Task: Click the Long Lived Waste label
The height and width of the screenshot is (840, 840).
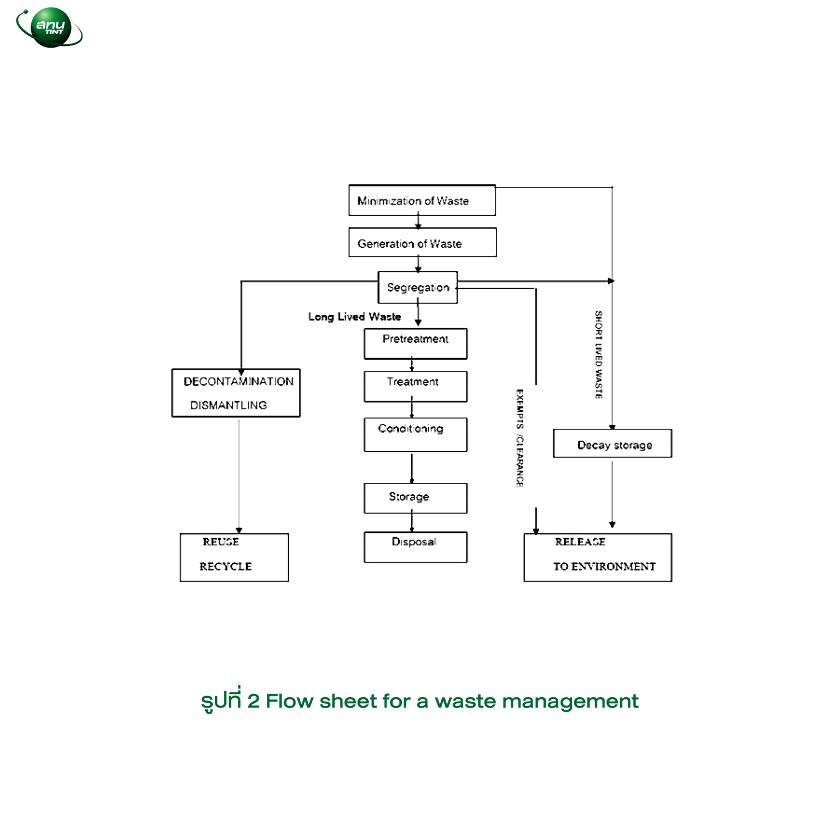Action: pos(354,317)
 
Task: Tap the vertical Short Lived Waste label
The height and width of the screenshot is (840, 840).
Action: pos(599,355)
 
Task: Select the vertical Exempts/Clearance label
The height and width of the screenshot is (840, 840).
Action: pos(520,438)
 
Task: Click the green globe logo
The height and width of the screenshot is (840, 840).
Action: pos(50,27)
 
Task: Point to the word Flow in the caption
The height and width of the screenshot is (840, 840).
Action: pos(290,701)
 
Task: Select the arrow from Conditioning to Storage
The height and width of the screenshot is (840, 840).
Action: pos(412,468)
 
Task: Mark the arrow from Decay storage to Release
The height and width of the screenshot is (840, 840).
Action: pos(612,494)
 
